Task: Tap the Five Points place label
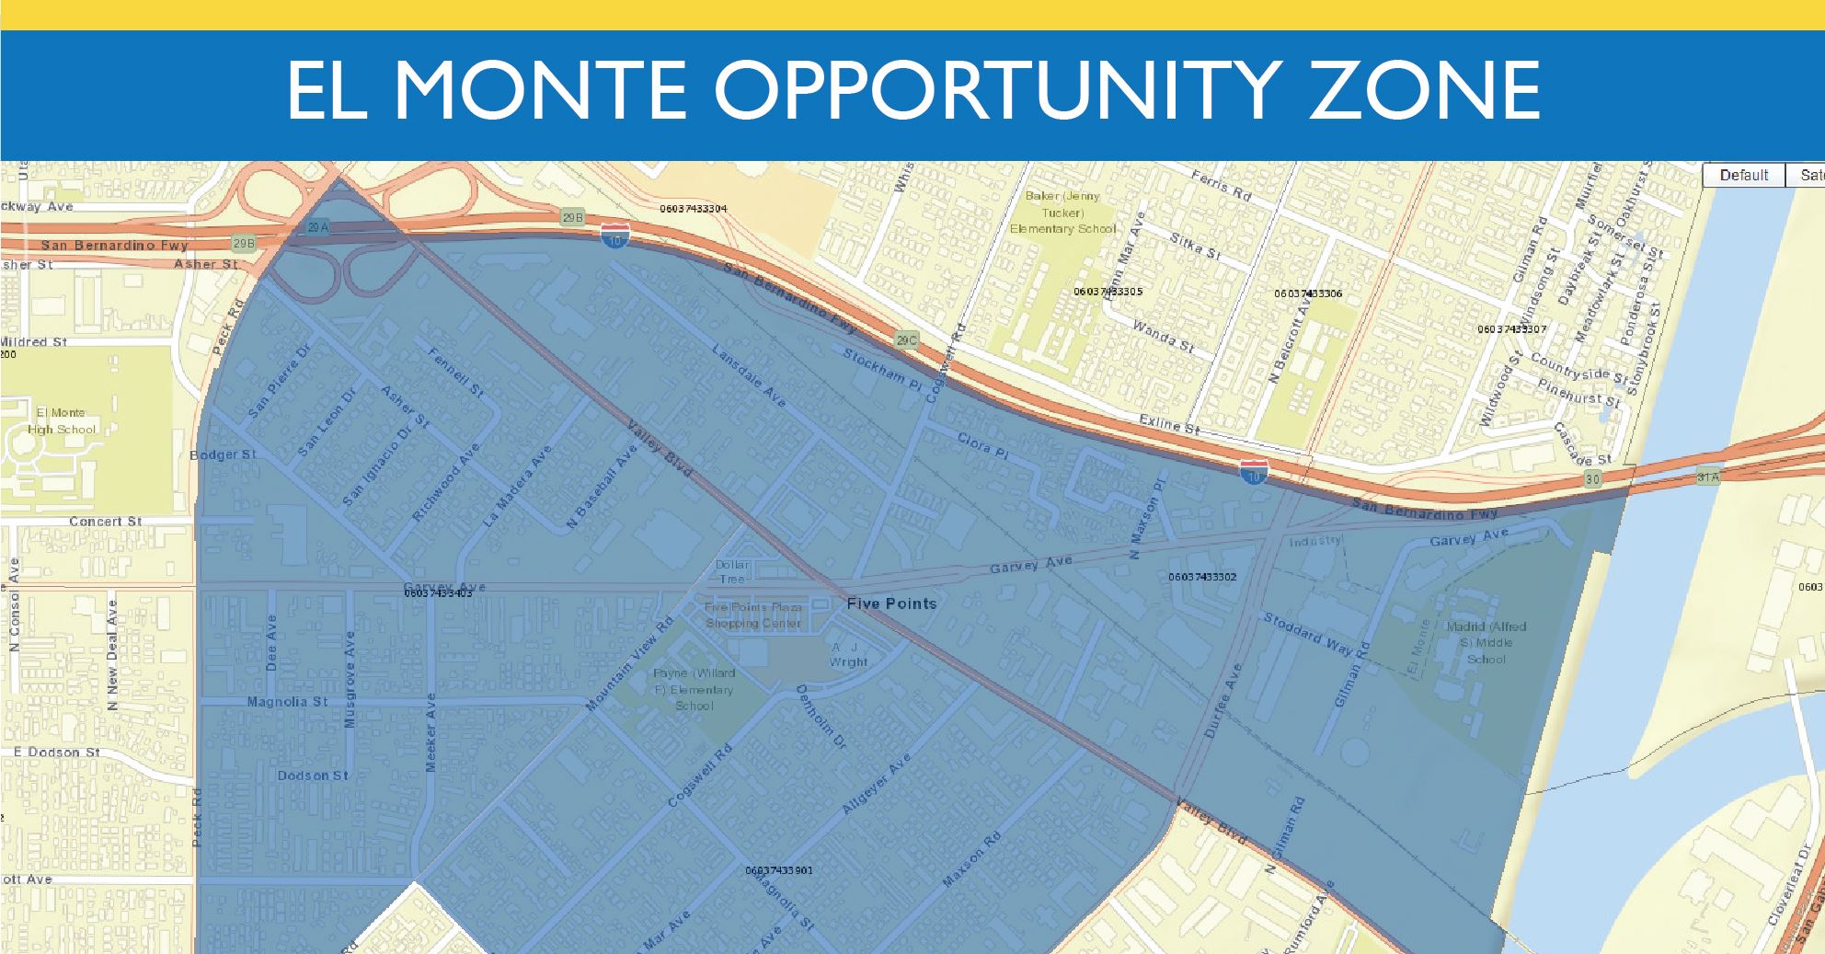pyautogui.click(x=891, y=603)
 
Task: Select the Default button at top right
pyautogui.click(x=1743, y=175)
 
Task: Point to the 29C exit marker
pyautogui.click(x=906, y=341)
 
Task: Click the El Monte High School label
pyautogui.click(x=62, y=421)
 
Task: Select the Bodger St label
pyautogui.click(x=223, y=454)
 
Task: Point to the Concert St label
pyautogui.click(x=106, y=521)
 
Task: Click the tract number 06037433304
pyautogui.click(x=693, y=209)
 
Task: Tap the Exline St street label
pyautogui.click(x=1169, y=424)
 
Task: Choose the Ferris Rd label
pyautogui.click(x=1222, y=186)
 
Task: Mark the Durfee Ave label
pyautogui.click(x=1222, y=700)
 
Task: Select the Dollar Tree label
pyautogui.click(x=732, y=571)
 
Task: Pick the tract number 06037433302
pyautogui.click(x=1202, y=577)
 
